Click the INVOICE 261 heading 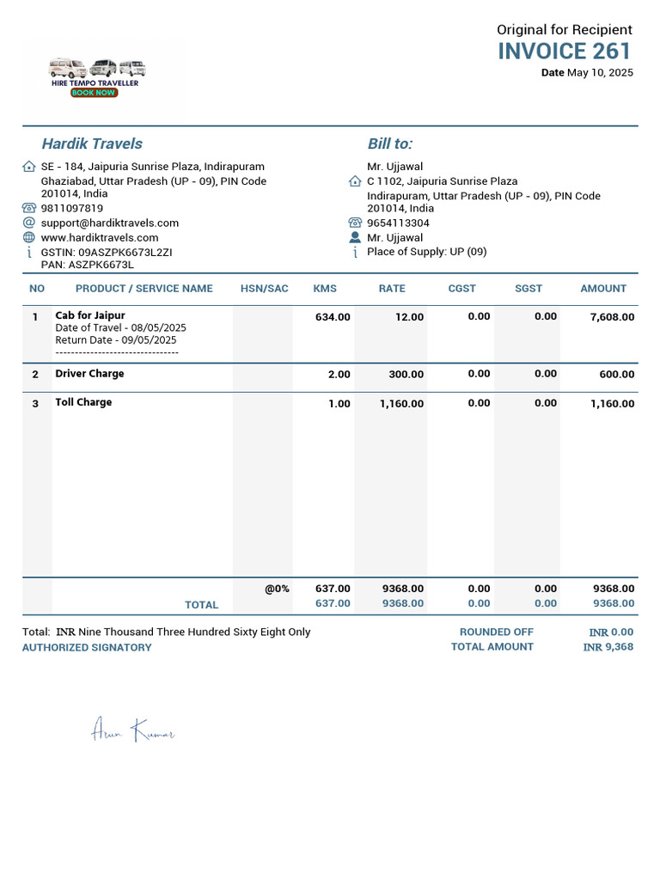tap(565, 51)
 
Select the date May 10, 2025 tap(600, 73)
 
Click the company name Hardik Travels tap(92, 144)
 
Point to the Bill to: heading tap(389, 144)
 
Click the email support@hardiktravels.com tap(110, 223)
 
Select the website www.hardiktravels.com tap(100, 237)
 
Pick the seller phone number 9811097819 tap(72, 208)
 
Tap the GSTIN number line tap(107, 252)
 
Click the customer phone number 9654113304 tap(398, 223)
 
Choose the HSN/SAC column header tap(265, 289)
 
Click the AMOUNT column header tap(603, 289)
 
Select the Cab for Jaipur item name tap(90, 315)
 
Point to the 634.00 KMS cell tap(333, 317)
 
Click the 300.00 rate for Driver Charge tap(406, 375)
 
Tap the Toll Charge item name tap(83, 402)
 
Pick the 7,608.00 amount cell tap(612, 317)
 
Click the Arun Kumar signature tap(133, 731)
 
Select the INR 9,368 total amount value tap(608, 647)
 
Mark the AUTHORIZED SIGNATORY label tap(87, 648)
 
